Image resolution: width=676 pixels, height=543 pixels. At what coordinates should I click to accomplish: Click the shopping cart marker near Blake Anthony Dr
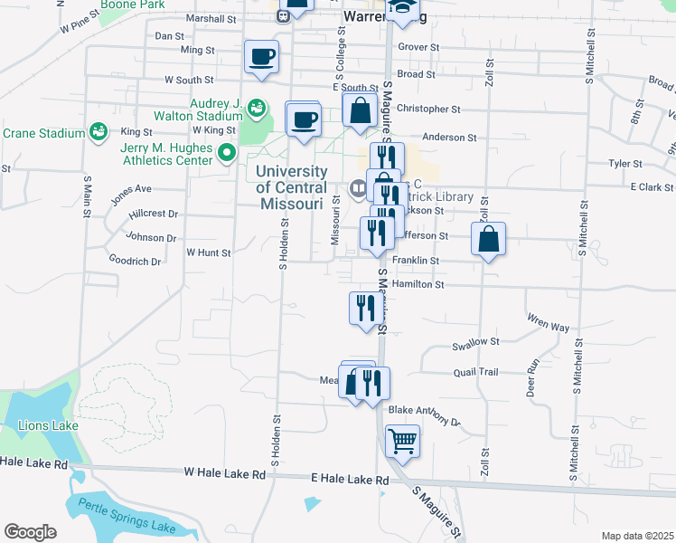pos(403,442)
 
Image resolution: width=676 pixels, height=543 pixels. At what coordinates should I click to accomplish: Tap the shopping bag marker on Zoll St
pos(488,240)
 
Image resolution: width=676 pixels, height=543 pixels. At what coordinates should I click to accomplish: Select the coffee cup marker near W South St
pos(261,58)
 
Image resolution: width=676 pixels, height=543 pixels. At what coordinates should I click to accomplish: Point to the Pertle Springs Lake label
pos(126,517)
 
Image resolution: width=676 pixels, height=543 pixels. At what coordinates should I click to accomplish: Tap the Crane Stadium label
pos(43,134)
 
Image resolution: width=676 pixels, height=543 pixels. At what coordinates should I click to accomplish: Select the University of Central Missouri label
pos(291,187)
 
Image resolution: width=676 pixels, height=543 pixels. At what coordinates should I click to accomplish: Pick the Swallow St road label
pos(475,343)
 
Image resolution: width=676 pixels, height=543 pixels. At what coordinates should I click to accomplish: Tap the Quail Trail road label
pos(476,372)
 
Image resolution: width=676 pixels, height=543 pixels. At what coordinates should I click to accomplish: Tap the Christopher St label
pos(428,109)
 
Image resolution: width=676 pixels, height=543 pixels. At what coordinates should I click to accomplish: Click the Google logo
pos(30,532)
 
